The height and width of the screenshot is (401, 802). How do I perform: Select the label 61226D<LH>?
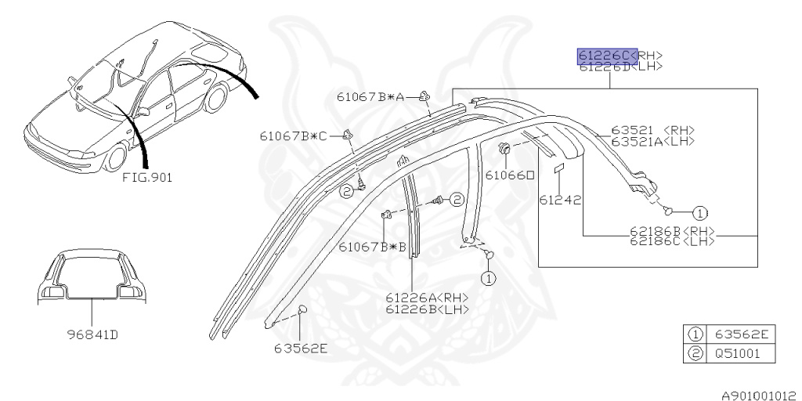pyautogui.click(x=620, y=67)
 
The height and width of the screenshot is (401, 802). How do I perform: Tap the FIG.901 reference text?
pyautogui.click(x=147, y=177)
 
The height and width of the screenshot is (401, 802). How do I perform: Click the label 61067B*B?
pyautogui.click(x=373, y=247)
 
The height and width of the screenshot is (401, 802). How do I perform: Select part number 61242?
pyautogui.click(x=559, y=200)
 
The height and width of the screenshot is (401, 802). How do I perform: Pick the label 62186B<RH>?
pyautogui.click(x=674, y=231)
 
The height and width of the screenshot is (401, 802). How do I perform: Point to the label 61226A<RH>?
pyautogui.click(x=426, y=298)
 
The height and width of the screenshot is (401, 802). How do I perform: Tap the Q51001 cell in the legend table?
pyautogui.click(x=741, y=353)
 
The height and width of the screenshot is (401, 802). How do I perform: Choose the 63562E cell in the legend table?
pyautogui.click(x=741, y=334)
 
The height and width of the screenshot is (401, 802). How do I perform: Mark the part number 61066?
pyautogui.click(x=514, y=175)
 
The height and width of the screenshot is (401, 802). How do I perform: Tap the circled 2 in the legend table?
pyautogui.click(x=694, y=353)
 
